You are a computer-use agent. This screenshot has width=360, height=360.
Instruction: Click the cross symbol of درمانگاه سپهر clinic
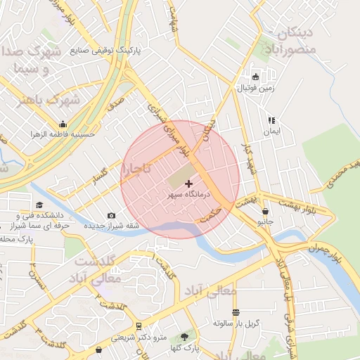[x=188, y=183]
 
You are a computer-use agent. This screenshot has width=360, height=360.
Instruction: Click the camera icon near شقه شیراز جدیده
[x=111, y=216]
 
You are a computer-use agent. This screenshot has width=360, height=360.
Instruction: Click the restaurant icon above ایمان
[x=271, y=121]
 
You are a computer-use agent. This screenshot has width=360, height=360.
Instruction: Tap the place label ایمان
[x=271, y=131]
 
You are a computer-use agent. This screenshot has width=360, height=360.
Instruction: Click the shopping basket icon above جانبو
[x=265, y=211]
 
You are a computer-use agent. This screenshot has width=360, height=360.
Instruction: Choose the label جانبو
[x=265, y=221]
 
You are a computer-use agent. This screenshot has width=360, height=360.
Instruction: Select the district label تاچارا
[x=135, y=168]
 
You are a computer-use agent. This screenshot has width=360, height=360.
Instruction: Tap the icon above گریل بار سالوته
[x=236, y=313]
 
